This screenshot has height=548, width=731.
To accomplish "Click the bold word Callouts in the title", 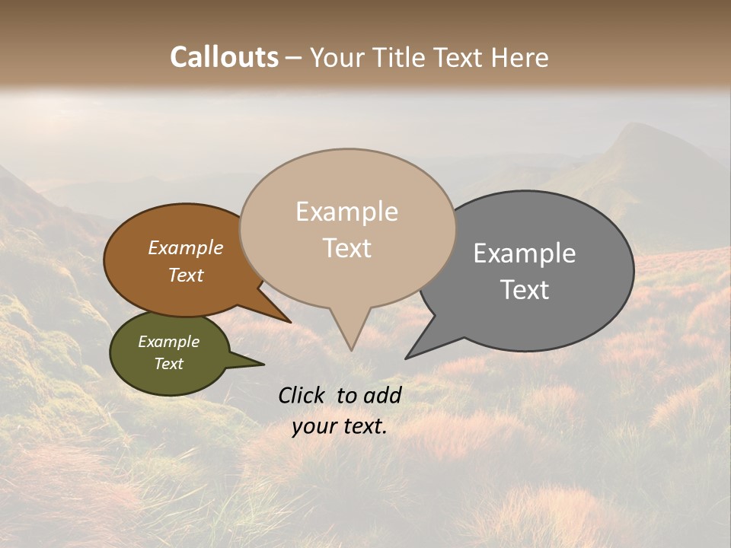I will pos(224,57).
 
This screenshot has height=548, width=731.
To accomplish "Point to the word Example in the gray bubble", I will pos(525,253).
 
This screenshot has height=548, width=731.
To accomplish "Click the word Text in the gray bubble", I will pos(525,290).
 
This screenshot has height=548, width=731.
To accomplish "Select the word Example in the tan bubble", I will pos(346,212).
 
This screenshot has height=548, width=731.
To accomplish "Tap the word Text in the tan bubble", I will pos(347,248).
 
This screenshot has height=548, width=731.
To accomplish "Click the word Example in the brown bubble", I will pos(185,247).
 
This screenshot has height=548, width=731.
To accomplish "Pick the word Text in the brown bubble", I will pos(186,275).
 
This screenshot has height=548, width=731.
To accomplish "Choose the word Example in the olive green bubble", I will pos(168,342).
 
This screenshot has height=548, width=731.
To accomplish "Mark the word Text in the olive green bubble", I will pos(168,364).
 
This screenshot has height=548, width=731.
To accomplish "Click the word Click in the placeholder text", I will pos(302,395).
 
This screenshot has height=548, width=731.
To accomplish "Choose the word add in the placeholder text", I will pos(381,395).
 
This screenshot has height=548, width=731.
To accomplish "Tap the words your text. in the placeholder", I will pos(339,426).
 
